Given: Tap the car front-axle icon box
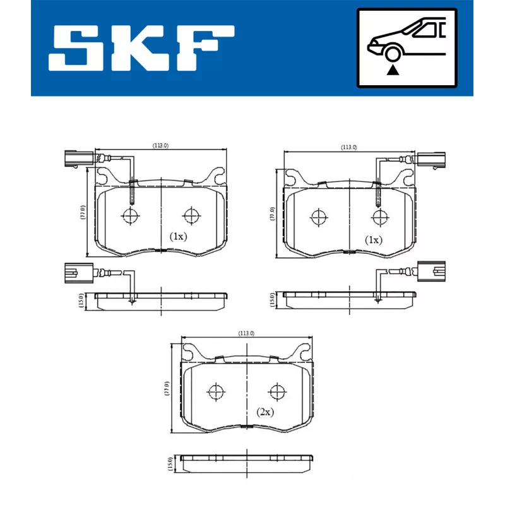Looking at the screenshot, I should pos(406,47).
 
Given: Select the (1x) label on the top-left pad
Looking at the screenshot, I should pos(178,237).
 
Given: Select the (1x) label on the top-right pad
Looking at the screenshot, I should pos(374,240).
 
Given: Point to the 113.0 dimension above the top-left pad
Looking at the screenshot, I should pos(161,146).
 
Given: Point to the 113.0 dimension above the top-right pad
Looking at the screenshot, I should pos(348,147).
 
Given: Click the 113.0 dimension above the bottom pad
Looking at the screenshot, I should pos(246,333).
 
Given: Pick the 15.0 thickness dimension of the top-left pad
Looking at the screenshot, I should pos(81,299).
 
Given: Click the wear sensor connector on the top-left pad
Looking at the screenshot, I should pos(73,158).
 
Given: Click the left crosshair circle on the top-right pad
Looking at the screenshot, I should pos(319,217).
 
